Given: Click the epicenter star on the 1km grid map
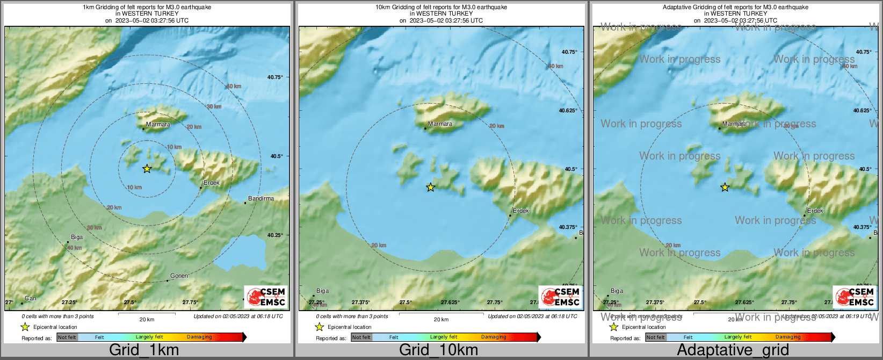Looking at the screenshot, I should point(147,169).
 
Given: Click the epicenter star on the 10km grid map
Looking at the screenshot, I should point(430,187).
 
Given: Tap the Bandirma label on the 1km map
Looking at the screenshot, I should point(261,198).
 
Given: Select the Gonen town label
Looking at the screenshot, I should point(179,276).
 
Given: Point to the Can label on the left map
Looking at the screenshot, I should point(31,298).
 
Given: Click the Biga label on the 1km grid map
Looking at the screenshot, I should point(77,237).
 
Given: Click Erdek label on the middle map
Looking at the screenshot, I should point(521,211).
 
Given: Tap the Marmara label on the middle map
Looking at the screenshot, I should point(440,124).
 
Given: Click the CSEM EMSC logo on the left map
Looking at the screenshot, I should point(266,297).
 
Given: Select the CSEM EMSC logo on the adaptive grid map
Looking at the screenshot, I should point(855,297).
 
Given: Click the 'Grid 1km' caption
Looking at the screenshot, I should point(144,350).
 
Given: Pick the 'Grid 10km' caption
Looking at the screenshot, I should point(438,350).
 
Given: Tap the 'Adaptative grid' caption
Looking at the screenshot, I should point(733,350).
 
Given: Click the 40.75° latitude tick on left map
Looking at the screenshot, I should point(275,77).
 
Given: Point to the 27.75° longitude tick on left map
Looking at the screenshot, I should point(190,303).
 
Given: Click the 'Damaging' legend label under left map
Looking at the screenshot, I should point(199,337).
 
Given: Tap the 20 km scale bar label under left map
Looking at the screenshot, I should point(147,319).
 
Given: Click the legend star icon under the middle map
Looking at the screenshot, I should point(319,327).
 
